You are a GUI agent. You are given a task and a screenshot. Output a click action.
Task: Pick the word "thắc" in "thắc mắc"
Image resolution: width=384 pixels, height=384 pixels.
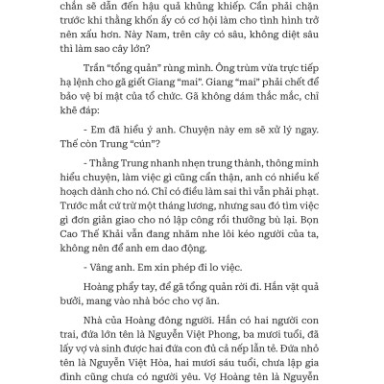coord(253,142)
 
